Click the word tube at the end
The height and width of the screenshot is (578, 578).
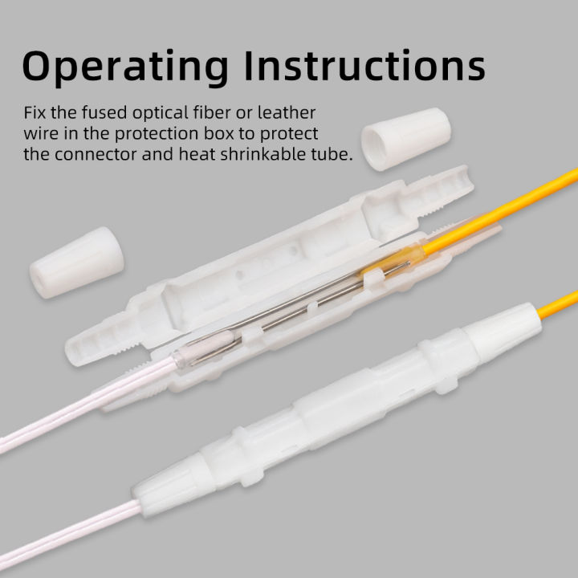tap(334, 155)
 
